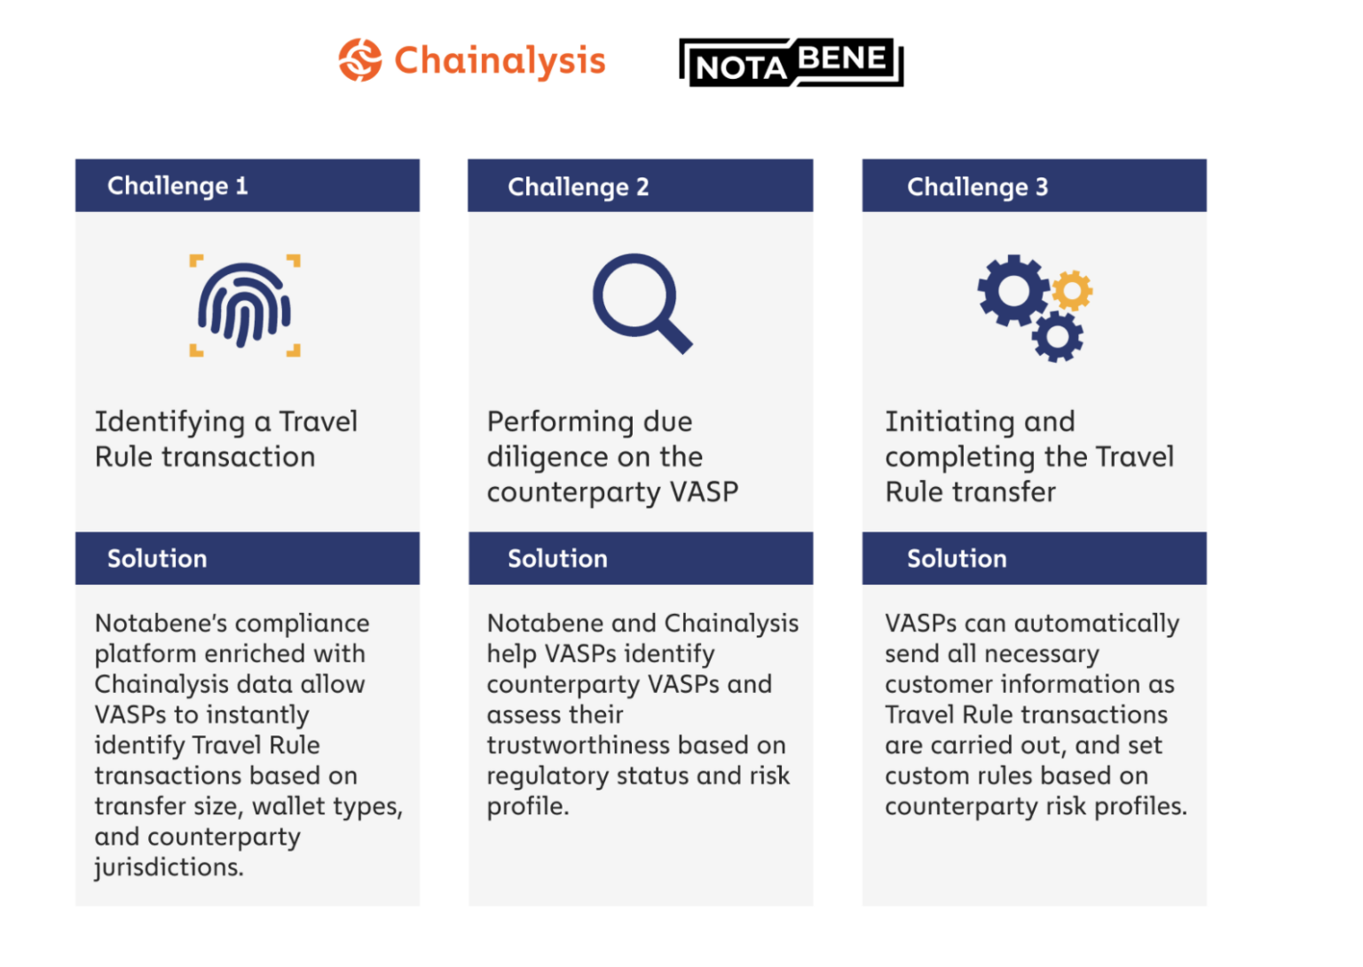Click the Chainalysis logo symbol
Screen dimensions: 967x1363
(x=360, y=60)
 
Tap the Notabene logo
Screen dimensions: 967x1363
(x=791, y=62)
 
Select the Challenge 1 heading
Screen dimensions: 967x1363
(x=177, y=185)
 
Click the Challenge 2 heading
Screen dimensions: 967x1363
(x=578, y=186)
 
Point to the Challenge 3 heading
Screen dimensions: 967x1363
(x=977, y=186)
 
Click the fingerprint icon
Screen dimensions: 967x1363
(x=244, y=304)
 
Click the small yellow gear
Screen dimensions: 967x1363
(x=1072, y=290)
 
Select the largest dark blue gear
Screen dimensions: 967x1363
(x=1012, y=290)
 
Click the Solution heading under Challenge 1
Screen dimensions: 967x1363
(x=157, y=558)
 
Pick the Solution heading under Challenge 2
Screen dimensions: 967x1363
(x=557, y=558)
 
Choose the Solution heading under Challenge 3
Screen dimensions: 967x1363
(x=957, y=558)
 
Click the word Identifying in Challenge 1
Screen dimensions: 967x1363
(x=169, y=422)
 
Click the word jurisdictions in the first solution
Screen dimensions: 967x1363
(x=169, y=868)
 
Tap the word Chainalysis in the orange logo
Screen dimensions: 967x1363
(x=500, y=60)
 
